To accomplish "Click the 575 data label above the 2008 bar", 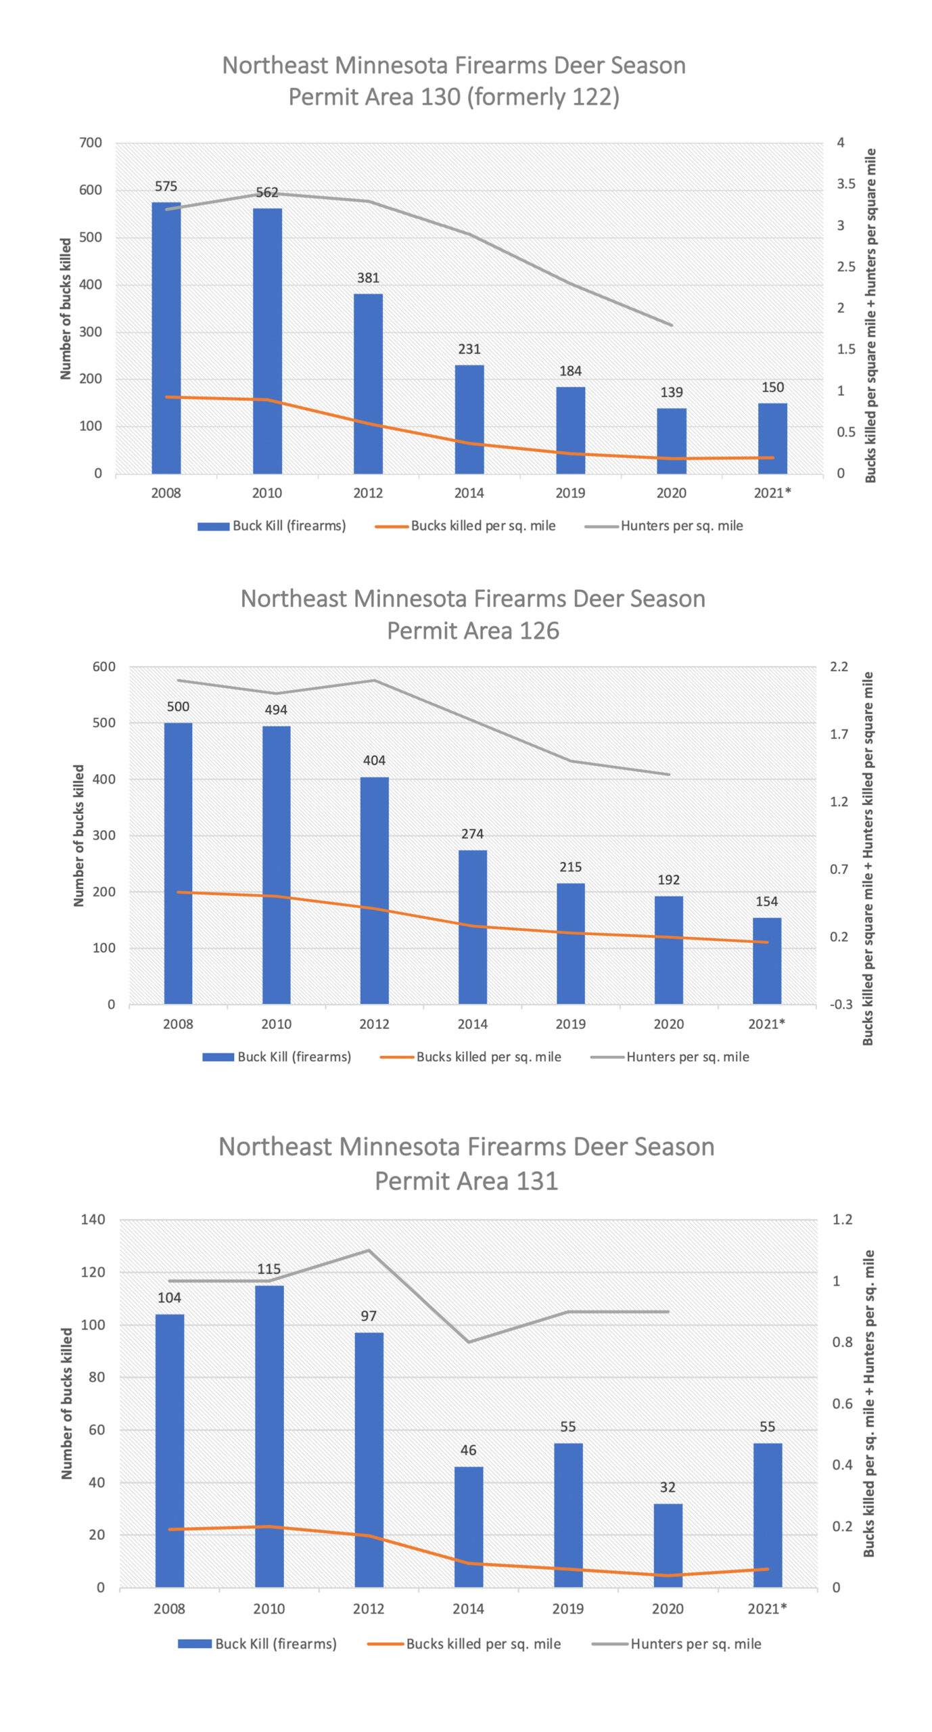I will tap(166, 186).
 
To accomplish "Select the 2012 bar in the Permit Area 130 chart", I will tap(368, 383).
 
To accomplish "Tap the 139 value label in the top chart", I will tap(671, 392).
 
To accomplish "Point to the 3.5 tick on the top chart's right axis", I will tap(845, 184).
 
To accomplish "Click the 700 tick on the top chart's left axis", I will tap(91, 143).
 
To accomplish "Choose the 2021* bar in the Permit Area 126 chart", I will tap(766, 960).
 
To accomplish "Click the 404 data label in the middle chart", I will tap(374, 760).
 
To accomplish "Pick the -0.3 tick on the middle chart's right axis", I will tap(841, 1004).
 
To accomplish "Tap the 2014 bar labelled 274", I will tap(472, 926).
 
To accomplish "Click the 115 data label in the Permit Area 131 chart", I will tap(269, 1269).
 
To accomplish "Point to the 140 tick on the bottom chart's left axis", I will tap(93, 1219).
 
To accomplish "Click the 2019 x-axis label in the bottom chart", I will tap(567, 1608).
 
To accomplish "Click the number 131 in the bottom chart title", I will tap(537, 1181).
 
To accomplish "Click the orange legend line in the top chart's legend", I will tap(391, 526).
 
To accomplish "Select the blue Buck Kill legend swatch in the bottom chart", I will tap(194, 1643).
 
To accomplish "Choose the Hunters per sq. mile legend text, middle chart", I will tap(687, 1057).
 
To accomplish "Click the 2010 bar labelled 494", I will tap(276, 865).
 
